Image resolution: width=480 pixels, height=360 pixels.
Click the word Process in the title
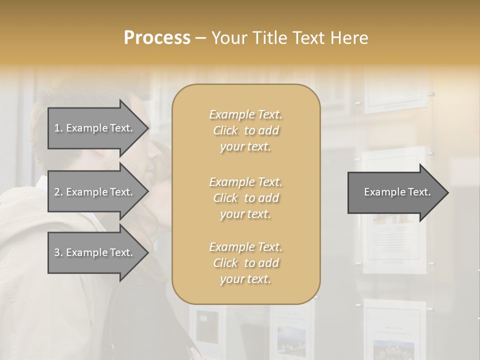click(x=157, y=38)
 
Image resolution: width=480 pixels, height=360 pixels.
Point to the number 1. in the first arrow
click(x=58, y=128)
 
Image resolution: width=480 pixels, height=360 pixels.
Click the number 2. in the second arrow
click(x=58, y=192)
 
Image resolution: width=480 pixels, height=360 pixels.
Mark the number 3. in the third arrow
click(x=58, y=252)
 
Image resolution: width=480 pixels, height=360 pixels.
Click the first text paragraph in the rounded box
click(x=245, y=130)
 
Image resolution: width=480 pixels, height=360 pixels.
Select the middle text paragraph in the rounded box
click(x=245, y=197)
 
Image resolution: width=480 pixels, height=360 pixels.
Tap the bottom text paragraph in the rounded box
click(x=245, y=263)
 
